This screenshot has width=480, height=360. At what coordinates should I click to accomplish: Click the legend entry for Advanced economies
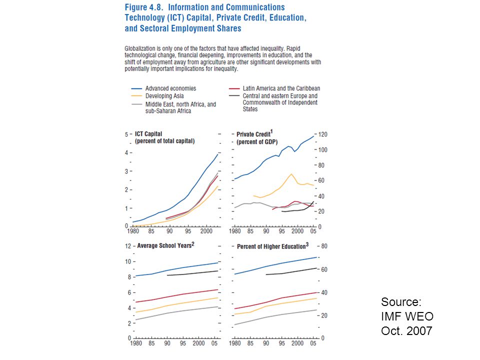171,88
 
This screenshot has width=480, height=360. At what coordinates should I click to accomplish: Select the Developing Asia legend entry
164,96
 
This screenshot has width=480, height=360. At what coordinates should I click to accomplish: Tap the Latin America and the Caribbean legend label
281,88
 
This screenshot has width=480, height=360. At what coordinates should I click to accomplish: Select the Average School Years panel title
165,245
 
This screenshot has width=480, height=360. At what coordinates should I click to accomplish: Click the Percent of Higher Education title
273,246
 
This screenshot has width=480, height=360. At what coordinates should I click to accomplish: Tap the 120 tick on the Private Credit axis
323,134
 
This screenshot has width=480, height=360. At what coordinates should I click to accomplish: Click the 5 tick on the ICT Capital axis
126,134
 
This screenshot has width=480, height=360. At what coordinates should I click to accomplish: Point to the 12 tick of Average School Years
127,246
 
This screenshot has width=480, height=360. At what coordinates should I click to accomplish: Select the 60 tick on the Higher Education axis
324,269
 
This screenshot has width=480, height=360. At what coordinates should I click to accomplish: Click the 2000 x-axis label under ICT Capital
206,231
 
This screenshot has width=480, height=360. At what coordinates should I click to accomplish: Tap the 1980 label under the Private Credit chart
235,231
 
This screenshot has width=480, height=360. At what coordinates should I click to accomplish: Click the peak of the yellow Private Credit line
291,174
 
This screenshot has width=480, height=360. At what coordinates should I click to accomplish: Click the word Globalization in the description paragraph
140,48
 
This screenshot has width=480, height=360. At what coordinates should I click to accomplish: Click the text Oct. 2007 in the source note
406,330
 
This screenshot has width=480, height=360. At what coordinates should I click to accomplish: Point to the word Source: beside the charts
401,302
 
